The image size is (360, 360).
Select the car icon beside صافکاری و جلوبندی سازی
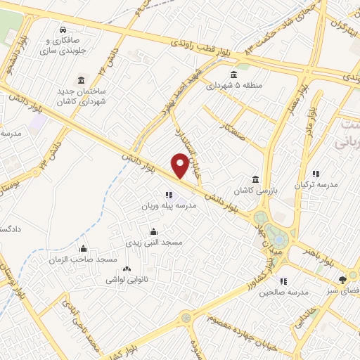63,30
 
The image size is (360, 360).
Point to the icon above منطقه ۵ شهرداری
234,75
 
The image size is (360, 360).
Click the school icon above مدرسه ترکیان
316,173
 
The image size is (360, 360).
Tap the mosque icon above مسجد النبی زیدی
154,231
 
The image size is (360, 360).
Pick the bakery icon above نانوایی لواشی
127,269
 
